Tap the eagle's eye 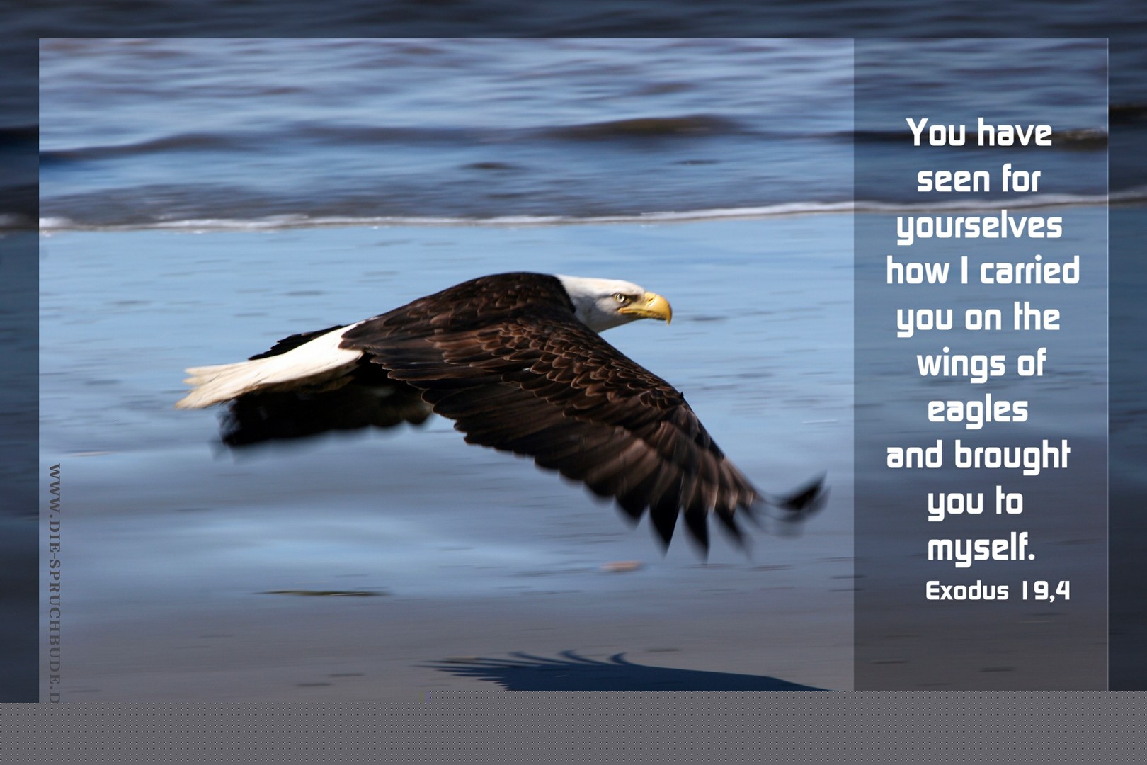pos(620,297)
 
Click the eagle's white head pos(604,302)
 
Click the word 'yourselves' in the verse pos(980,227)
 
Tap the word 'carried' pos(1029,270)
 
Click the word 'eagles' pos(978,411)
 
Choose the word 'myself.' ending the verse pos(981,548)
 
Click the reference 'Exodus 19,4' pos(998,591)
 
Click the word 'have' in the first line pos(1014,132)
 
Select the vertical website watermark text pos(55,583)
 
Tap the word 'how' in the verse pos(918,270)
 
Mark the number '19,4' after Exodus pos(1045,591)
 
